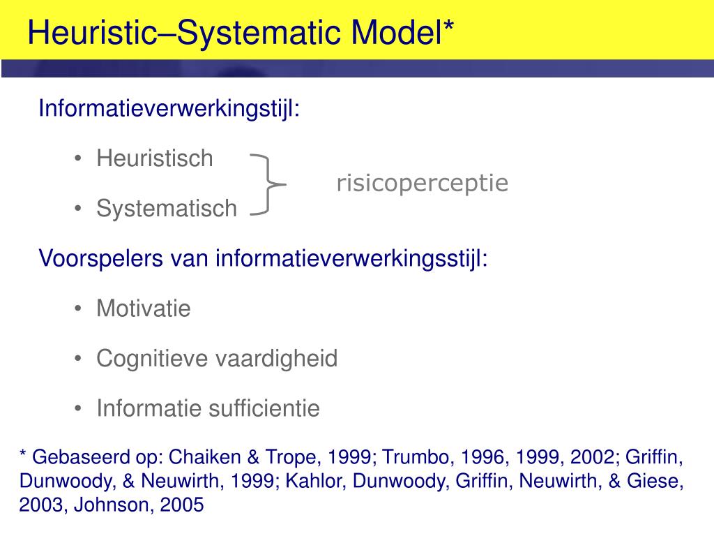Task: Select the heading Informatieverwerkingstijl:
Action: pos(169,109)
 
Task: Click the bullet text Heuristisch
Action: pos(155,158)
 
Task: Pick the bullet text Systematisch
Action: pos(167,208)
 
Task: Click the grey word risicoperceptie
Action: pos(423,184)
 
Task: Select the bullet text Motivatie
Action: pos(143,308)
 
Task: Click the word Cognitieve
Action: pos(153,359)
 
